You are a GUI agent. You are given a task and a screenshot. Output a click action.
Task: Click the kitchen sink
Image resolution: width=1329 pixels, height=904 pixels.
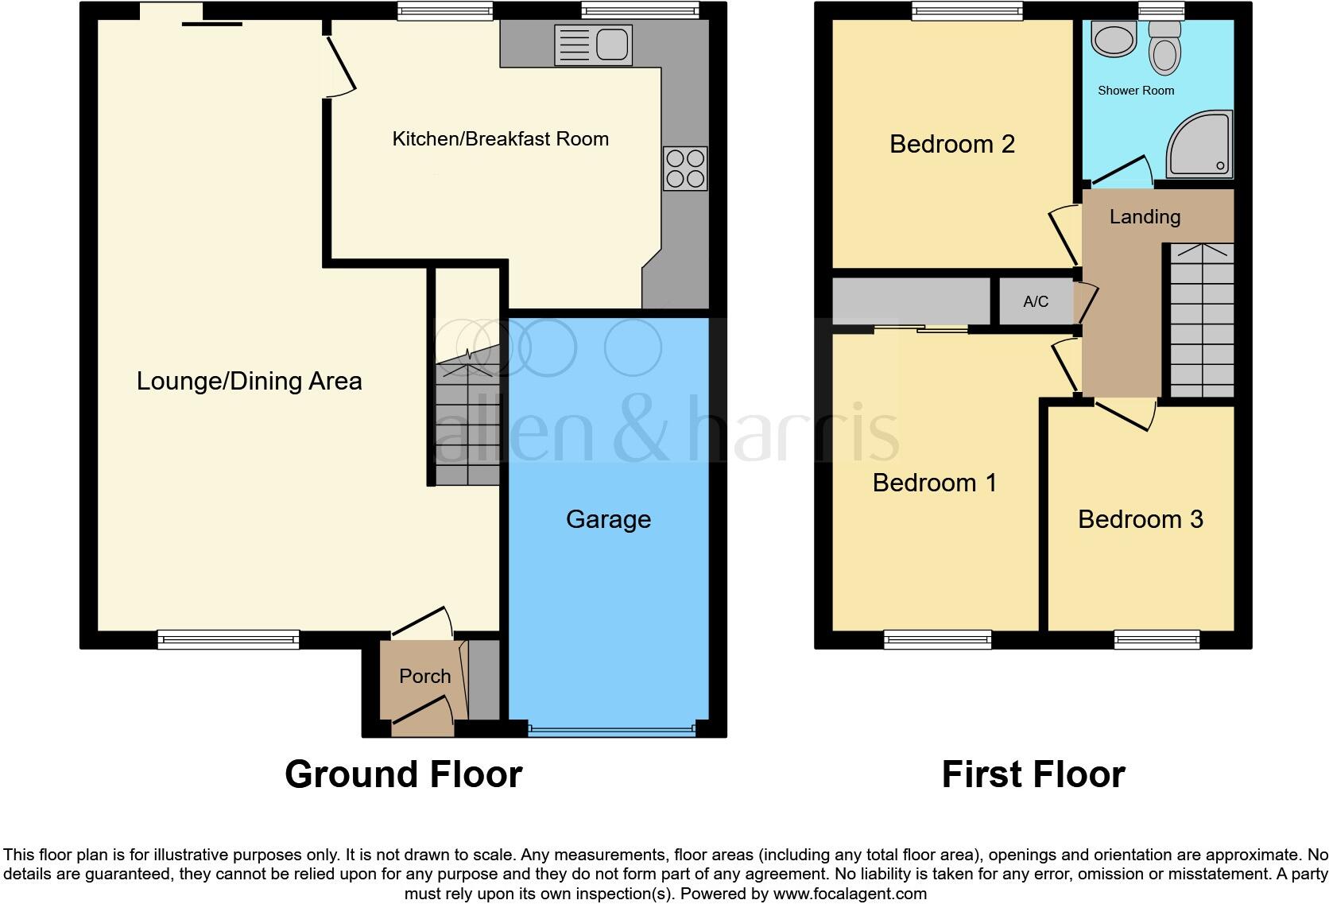594,45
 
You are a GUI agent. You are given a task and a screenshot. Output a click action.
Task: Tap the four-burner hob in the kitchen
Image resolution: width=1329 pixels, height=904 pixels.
685,169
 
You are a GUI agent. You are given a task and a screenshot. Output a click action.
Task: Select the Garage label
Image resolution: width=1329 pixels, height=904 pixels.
608,519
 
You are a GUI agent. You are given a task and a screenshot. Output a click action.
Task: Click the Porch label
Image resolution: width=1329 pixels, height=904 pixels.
424,676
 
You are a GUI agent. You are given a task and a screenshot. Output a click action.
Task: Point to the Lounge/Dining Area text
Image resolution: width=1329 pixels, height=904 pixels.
249,381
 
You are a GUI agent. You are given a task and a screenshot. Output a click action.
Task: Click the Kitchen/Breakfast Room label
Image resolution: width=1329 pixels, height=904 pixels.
500,139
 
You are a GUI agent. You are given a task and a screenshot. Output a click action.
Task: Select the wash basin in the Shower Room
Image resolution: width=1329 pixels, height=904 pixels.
1114,40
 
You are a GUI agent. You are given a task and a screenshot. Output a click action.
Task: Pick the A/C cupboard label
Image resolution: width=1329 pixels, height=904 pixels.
1036,302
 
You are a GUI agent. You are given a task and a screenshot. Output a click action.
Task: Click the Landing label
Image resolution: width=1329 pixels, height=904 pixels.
1145,217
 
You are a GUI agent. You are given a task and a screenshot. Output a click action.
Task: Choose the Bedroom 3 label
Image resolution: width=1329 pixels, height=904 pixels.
1140,519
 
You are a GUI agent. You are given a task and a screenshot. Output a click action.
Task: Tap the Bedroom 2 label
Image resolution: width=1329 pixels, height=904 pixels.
951,144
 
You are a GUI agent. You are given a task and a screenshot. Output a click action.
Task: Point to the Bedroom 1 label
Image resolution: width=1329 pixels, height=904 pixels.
934,483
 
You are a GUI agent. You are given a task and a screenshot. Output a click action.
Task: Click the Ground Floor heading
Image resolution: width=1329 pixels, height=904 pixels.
403,774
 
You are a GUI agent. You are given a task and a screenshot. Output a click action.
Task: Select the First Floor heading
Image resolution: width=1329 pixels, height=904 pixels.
1033,774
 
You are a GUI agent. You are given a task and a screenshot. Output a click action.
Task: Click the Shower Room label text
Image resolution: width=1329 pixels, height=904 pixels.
1135,91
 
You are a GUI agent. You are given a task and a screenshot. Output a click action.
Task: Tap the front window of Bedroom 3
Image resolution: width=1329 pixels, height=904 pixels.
1157,638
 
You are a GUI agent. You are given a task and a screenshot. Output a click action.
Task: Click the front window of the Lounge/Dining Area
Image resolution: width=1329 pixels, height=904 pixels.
228,638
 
